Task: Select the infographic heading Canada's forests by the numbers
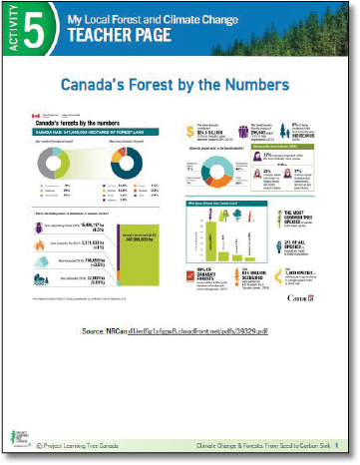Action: click(84, 120)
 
